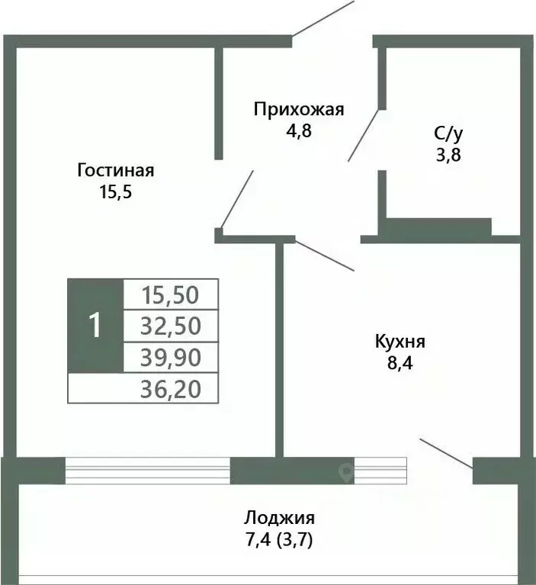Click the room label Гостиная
point(116,170)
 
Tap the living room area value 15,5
point(116,191)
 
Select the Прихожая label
point(299,109)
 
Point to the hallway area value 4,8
point(299,130)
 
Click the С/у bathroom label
point(448,133)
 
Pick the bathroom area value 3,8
point(448,154)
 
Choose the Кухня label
point(400,341)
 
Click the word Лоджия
point(279,519)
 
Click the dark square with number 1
point(95,326)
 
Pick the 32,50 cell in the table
point(171,326)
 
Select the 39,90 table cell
point(171,357)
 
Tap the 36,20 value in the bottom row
point(171,389)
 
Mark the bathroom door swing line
point(364,134)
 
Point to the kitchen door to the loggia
point(446,453)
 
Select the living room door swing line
point(237,198)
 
